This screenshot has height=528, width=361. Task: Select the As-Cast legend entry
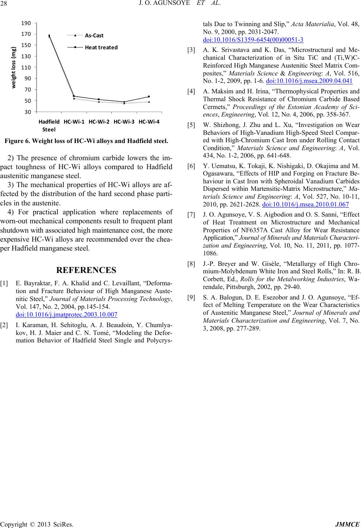click(94, 36)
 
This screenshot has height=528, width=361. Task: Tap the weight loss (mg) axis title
click(14, 68)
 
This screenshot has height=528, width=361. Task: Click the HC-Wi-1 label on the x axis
click(74, 122)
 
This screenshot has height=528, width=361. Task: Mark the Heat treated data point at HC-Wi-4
click(149, 97)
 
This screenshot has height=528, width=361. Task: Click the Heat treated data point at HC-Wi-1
click(74, 96)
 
